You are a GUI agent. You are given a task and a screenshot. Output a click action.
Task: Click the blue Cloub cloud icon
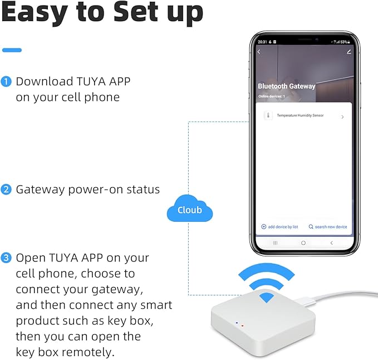[190, 210]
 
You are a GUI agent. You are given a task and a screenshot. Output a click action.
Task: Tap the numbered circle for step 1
[7, 82]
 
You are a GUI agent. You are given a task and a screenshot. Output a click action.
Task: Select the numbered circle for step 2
[7, 189]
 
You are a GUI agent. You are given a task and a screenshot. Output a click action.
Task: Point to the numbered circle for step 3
[7, 258]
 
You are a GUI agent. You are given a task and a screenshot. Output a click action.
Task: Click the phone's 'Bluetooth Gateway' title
[286, 86]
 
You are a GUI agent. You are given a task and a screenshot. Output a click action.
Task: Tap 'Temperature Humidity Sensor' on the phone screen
[300, 116]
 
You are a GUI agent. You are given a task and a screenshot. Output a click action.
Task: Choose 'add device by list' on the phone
[280, 227]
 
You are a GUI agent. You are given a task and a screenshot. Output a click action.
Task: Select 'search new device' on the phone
[328, 227]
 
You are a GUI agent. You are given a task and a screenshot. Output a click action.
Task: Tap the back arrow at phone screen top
[259, 52]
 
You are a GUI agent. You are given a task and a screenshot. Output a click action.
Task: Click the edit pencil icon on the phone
[349, 52]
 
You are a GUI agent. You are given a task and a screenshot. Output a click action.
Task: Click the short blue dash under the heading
[12, 50]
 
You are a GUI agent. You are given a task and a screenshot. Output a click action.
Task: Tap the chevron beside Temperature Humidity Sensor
[342, 117]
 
